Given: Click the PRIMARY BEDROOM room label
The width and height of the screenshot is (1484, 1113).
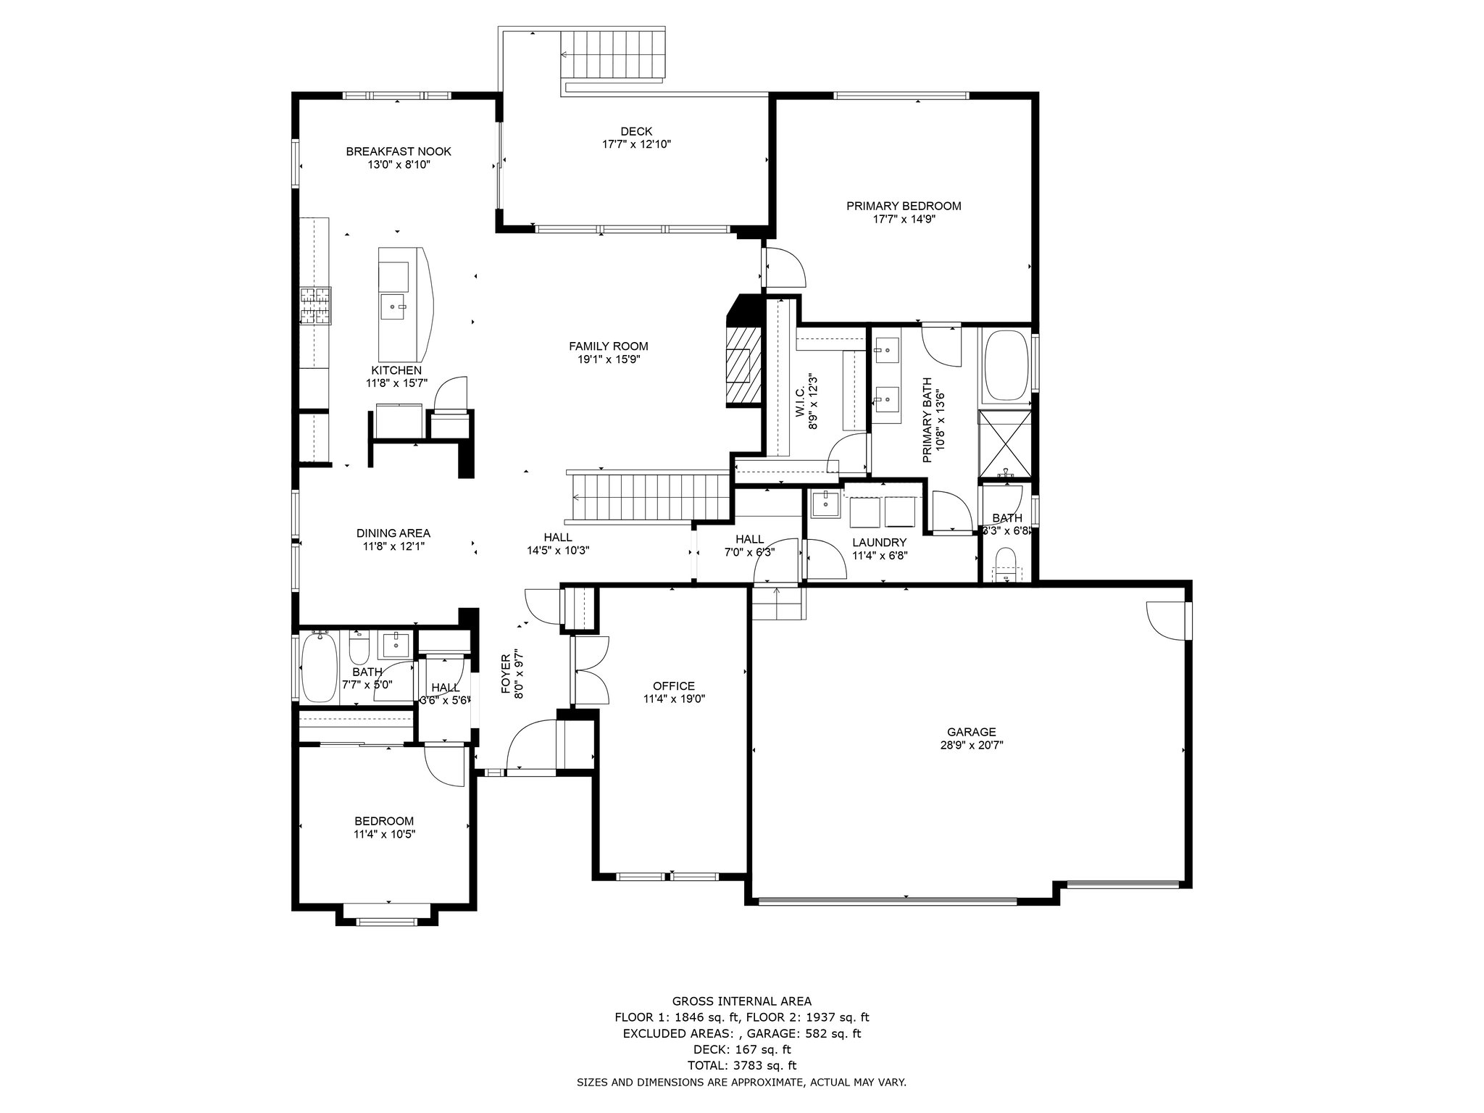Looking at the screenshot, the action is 904,206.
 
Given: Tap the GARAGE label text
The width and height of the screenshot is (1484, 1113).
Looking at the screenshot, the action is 971,732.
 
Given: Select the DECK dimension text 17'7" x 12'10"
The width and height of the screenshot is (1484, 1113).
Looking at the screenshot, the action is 636,144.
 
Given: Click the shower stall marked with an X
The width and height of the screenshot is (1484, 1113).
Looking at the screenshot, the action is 1004,444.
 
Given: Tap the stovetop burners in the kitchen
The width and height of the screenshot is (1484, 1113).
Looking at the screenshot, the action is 316,306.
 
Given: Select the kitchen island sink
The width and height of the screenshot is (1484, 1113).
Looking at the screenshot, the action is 394,307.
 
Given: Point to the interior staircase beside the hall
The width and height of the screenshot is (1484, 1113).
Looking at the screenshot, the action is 649,497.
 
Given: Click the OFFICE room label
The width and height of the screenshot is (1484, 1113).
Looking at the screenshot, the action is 674,686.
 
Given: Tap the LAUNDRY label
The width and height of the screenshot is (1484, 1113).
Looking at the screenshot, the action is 880,543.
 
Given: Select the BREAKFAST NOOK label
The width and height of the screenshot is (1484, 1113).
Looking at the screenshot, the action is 399,151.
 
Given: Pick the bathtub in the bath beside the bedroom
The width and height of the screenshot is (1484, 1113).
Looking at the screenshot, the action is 320,667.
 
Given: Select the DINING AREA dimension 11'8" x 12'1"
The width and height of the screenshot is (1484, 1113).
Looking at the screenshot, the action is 394,547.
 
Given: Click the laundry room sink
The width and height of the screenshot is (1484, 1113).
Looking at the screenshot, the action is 825,504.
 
